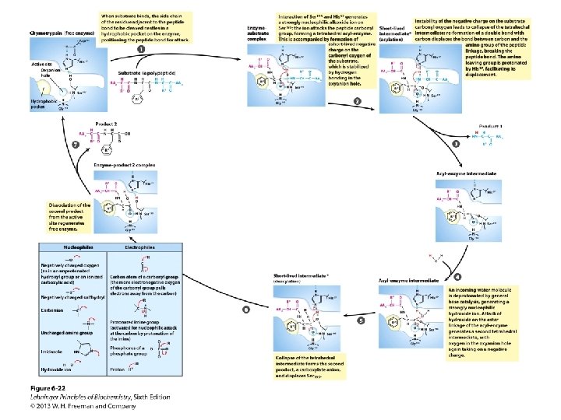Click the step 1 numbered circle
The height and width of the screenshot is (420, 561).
tap(140, 49)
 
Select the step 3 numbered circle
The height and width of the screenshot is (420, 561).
tap(455, 144)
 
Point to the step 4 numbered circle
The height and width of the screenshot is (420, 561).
tap(457, 277)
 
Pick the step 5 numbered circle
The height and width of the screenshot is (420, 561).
tap(360, 320)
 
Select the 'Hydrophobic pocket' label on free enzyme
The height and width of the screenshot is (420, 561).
tap(40, 103)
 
